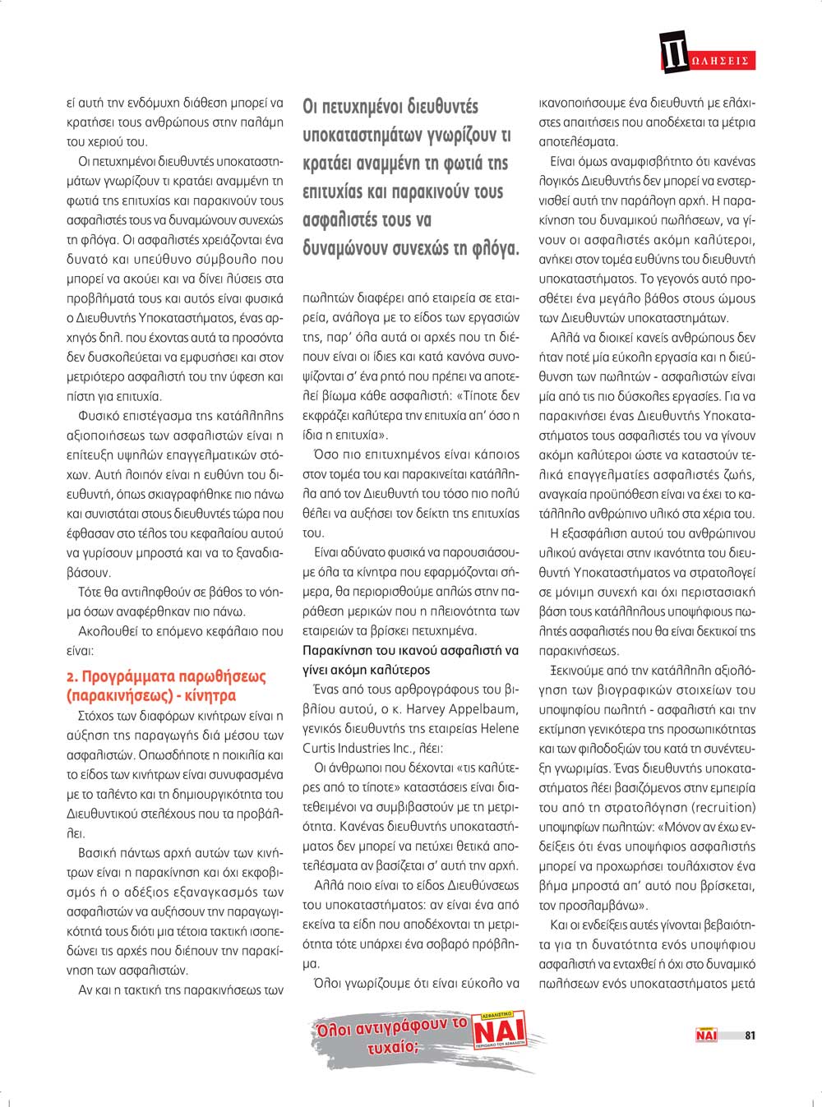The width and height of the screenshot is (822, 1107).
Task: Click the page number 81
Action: point(750,1036)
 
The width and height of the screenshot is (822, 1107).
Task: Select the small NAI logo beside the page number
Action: point(706,1036)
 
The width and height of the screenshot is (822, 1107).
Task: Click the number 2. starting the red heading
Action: point(72,677)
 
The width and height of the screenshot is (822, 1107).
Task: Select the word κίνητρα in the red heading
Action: point(211,696)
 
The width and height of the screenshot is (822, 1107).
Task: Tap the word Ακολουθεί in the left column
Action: point(107,632)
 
